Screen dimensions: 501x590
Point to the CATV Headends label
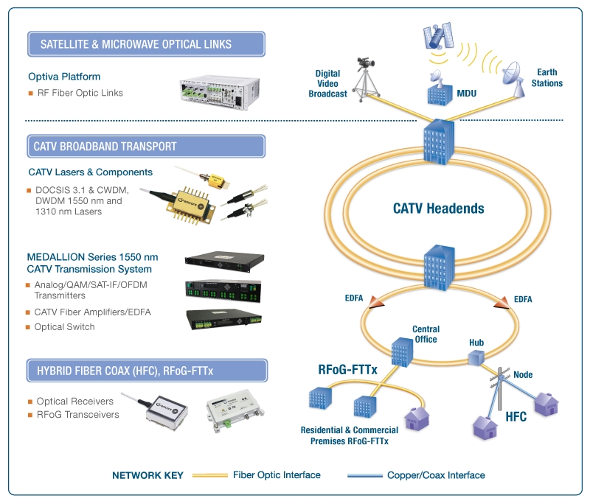click(438, 209)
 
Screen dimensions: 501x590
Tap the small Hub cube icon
click(476, 357)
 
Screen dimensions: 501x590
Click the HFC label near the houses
click(516, 416)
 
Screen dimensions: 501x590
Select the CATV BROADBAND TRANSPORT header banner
click(145, 146)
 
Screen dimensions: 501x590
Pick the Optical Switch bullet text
click(64, 326)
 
